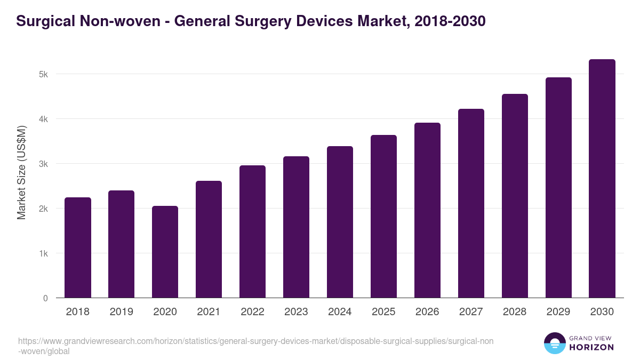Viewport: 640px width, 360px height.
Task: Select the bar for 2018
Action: click(78, 247)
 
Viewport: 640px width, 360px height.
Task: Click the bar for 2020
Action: click(165, 252)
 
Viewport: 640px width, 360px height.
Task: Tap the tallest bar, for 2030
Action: click(602, 179)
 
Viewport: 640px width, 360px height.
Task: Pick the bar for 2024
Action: click(340, 222)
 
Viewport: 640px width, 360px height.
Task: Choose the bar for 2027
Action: click(471, 203)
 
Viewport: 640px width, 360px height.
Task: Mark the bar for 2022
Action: click(253, 231)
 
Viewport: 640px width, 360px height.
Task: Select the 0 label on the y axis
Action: click(46, 298)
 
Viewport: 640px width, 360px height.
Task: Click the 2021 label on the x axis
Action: click(209, 312)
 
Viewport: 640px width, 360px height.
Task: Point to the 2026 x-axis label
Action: click(427, 312)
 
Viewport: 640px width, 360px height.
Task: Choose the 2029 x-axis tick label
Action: click(558, 312)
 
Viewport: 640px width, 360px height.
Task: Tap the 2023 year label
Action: click(296, 312)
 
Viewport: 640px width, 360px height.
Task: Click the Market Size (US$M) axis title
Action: click(21, 172)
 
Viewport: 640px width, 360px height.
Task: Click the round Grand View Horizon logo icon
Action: click(555, 343)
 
